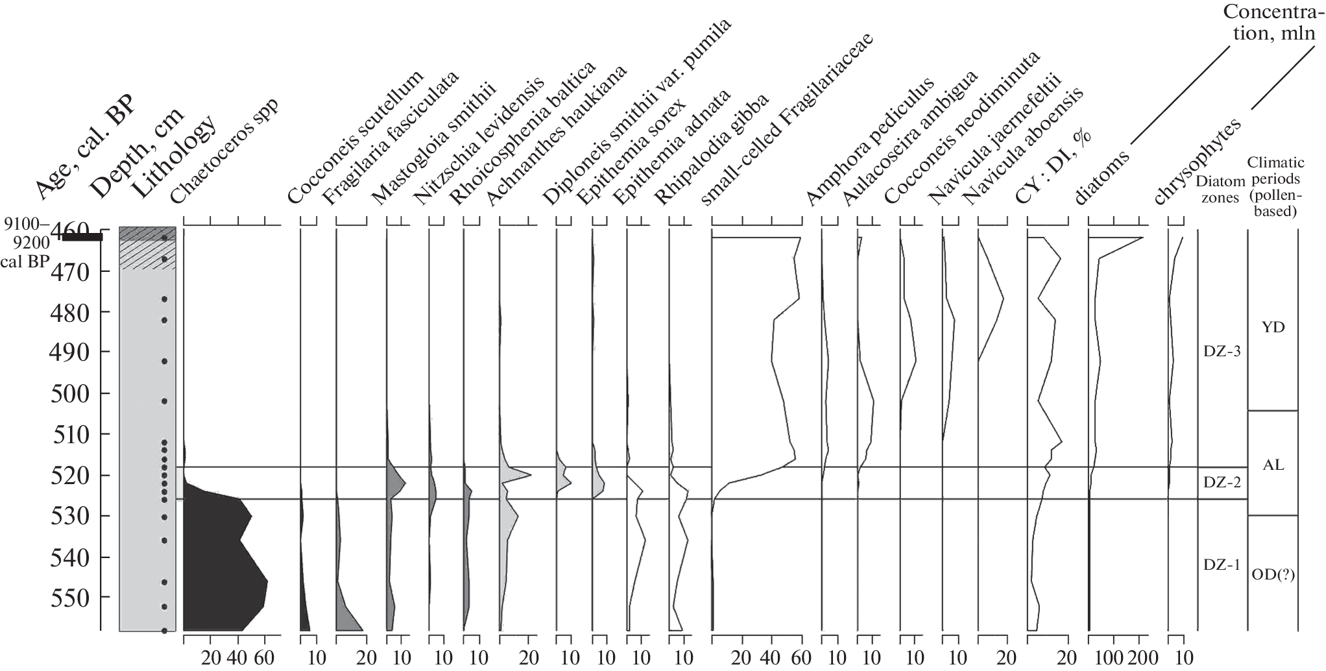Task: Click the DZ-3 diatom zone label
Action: point(1222,352)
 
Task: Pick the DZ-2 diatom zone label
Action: point(1222,482)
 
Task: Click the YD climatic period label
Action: point(1273,327)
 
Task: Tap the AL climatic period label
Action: point(1273,465)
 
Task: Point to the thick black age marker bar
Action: point(78,238)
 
